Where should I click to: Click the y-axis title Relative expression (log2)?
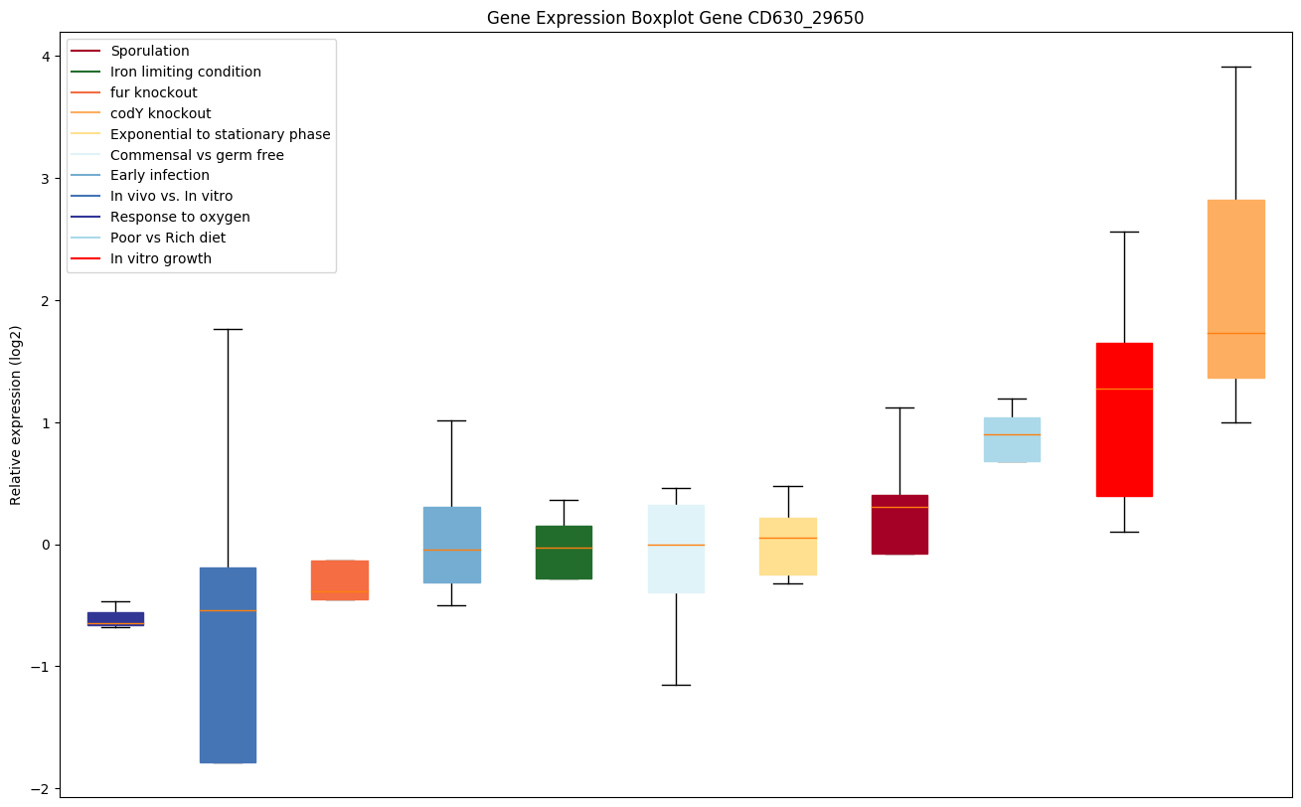pyautogui.click(x=16, y=414)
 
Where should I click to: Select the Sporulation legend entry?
pyautogui.click(x=150, y=51)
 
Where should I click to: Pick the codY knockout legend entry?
pyautogui.click(x=160, y=113)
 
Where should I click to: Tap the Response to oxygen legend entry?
pyautogui.click(x=180, y=217)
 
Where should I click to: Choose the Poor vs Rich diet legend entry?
pyautogui.click(x=168, y=238)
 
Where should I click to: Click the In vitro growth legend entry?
pyautogui.click(x=161, y=258)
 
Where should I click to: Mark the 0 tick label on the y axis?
pyautogui.click(x=44, y=545)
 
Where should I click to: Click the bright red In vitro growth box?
pyautogui.click(x=1124, y=419)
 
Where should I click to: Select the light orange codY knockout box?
pyautogui.click(x=1235, y=288)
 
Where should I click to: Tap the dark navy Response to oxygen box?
pyautogui.click(x=115, y=618)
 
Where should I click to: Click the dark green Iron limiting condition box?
pyautogui.click(x=564, y=552)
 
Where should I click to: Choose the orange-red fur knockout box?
pyautogui.click(x=340, y=579)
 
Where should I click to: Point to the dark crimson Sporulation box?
pyautogui.click(x=899, y=524)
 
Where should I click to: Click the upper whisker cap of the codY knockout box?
pyautogui.click(x=1235, y=67)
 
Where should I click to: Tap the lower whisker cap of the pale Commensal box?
pyautogui.click(x=676, y=685)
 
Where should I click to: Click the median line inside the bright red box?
pyautogui.click(x=1124, y=389)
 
